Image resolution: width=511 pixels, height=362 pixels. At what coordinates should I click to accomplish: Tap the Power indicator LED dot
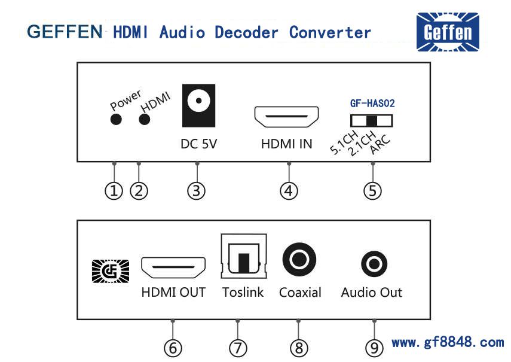[x=116, y=119]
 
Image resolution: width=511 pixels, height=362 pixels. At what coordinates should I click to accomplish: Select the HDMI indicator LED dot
[x=144, y=119]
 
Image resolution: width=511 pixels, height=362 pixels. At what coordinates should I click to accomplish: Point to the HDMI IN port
[x=287, y=117]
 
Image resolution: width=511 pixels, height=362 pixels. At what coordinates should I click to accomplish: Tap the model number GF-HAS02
[x=372, y=103]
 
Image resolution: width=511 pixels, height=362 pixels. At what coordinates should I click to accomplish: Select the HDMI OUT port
[x=173, y=268]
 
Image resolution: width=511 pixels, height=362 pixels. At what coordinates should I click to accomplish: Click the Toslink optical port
[x=241, y=257]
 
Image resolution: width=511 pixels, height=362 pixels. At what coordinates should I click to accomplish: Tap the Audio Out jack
[x=374, y=263]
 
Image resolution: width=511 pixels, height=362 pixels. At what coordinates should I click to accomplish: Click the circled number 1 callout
[x=114, y=191]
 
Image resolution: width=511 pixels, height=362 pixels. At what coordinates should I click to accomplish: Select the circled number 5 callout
[x=372, y=191]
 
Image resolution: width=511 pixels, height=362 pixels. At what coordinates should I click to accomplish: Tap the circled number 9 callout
[x=374, y=348]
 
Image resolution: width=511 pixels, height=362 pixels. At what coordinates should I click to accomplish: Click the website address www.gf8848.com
[x=448, y=343]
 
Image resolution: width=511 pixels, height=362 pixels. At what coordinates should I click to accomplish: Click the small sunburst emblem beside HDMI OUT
[x=111, y=271]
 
